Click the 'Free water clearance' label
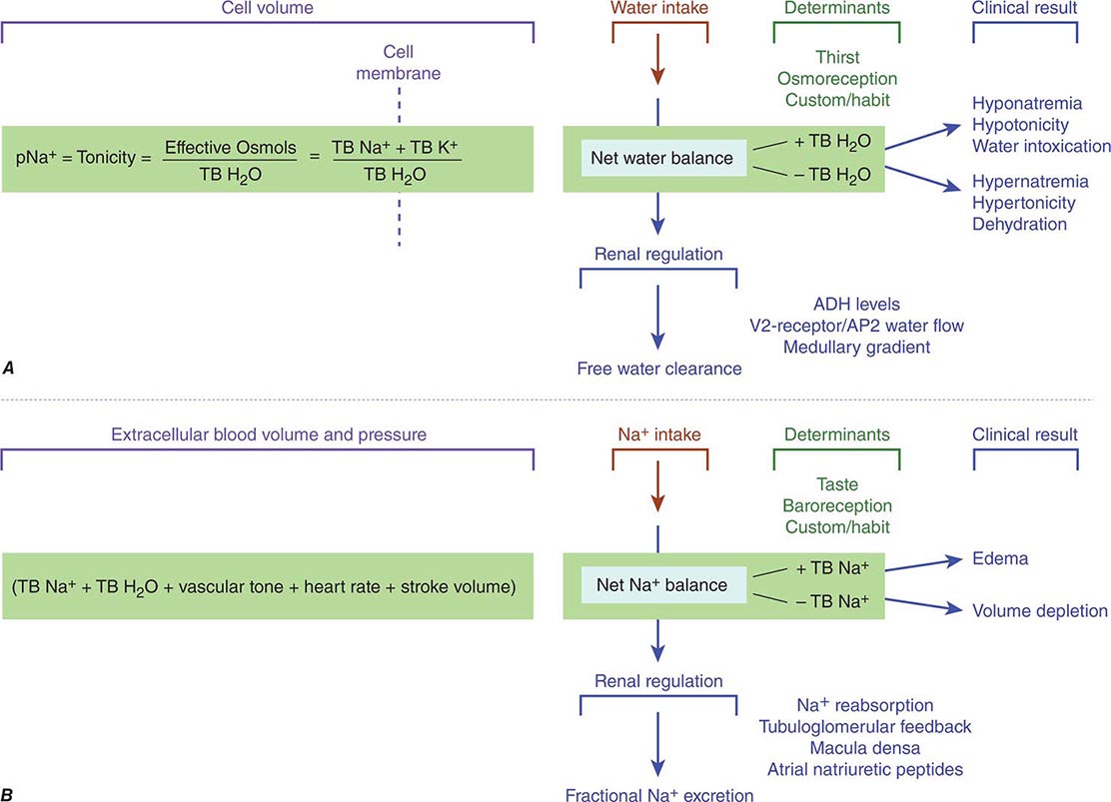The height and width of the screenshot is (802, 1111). [x=659, y=369]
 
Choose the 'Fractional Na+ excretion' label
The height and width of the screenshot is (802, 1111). [x=659, y=794]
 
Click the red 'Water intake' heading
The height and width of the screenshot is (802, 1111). [x=657, y=9]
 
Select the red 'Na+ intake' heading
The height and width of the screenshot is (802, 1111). [x=657, y=434]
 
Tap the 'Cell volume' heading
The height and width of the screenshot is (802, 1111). [x=269, y=9]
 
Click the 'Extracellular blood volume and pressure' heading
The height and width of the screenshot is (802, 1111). [x=269, y=434]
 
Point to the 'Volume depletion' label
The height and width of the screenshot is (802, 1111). [x=1040, y=609]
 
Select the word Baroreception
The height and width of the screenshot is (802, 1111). [x=838, y=505]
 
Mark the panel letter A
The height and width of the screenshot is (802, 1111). [x=9, y=368]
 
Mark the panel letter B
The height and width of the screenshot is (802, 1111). [x=9, y=794]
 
